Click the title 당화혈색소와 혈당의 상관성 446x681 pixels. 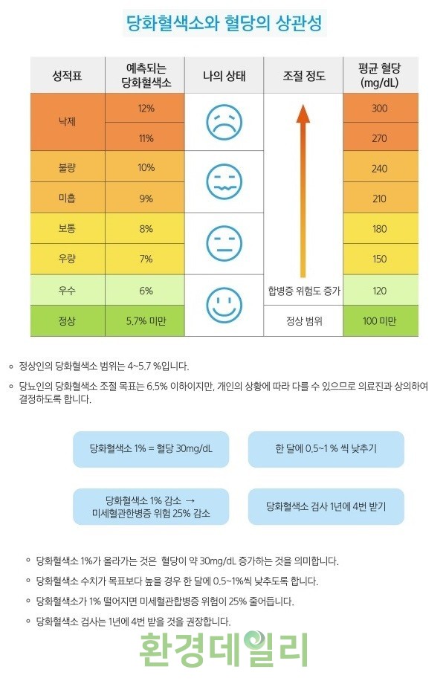(224, 25)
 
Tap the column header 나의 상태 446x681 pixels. (224, 75)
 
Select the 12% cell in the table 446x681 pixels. (146, 109)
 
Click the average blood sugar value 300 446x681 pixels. (379, 109)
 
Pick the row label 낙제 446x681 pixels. (67, 123)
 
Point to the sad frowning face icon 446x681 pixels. (224, 122)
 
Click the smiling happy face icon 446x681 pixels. (224, 305)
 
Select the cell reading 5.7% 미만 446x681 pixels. (146, 320)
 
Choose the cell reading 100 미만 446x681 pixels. (379, 320)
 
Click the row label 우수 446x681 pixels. (67, 290)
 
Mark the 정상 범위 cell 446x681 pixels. (303, 320)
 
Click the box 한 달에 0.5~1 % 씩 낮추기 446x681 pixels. (326, 449)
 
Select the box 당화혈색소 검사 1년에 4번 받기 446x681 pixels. (326, 506)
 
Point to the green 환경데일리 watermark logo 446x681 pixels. (223, 649)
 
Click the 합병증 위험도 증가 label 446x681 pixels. (303, 291)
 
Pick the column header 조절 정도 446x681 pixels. (303, 75)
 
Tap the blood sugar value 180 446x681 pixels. (379, 228)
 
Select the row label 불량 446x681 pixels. (67, 168)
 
